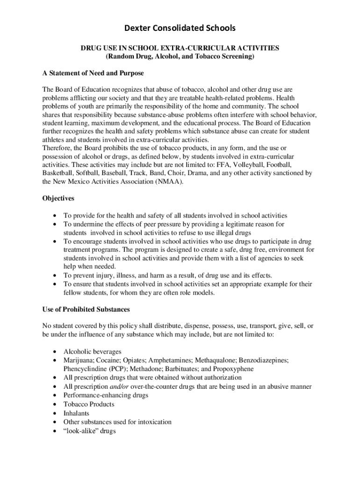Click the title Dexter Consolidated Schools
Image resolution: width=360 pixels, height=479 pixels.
point(180,29)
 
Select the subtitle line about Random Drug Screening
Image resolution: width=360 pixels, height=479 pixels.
point(180,56)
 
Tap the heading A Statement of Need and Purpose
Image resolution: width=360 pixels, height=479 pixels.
point(93,73)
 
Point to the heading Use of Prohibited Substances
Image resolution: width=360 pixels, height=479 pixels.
point(86,310)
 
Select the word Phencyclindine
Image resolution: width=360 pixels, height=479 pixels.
point(85,369)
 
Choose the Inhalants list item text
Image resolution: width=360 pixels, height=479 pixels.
point(76,413)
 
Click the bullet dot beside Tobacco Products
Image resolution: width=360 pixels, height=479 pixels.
point(56,405)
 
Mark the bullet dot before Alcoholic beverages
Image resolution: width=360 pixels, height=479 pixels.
point(56,352)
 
